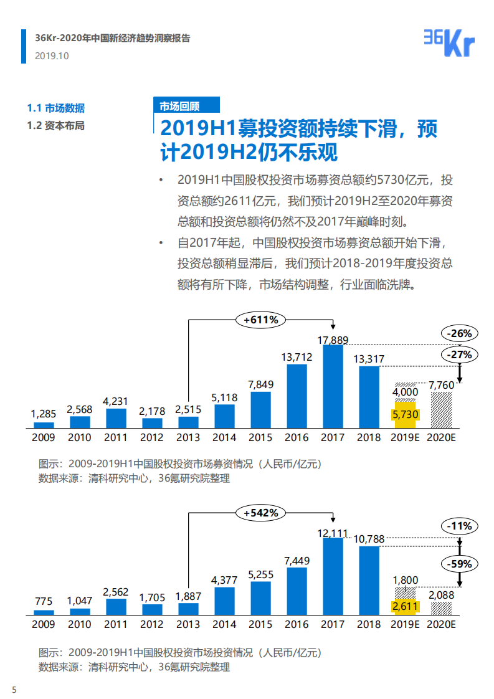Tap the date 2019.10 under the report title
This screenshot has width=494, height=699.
pyautogui.click(x=52, y=56)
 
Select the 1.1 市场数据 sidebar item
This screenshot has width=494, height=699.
pyautogui.click(x=56, y=108)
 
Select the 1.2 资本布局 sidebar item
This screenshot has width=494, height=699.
pyautogui.click(x=56, y=125)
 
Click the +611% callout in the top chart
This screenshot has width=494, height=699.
pyautogui.click(x=260, y=320)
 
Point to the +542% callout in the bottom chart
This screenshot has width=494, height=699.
pyautogui.click(x=260, y=513)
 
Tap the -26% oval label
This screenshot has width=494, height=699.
pyautogui.click(x=460, y=333)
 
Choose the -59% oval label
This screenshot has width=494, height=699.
pyautogui.click(x=460, y=564)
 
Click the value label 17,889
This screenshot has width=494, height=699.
pyautogui.click(x=333, y=340)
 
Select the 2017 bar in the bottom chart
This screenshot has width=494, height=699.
pyautogui.click(x=333, y=576)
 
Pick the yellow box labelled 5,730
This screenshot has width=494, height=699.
pyautogui.click(x=405, y=414)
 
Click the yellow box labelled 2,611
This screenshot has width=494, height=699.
pyautogui.click(x=405, y=606)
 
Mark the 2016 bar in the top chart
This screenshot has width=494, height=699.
pyautogui.click(x=297, y=396)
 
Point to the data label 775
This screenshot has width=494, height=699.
pyautogui.click(x=44, y=602)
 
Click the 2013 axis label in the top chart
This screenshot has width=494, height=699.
pyautogui.click(x=188, y=437)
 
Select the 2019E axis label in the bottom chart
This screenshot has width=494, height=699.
pyautogui.click(x=405, y=624)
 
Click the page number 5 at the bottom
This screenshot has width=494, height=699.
pyautogui.click(x=14, y=689)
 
